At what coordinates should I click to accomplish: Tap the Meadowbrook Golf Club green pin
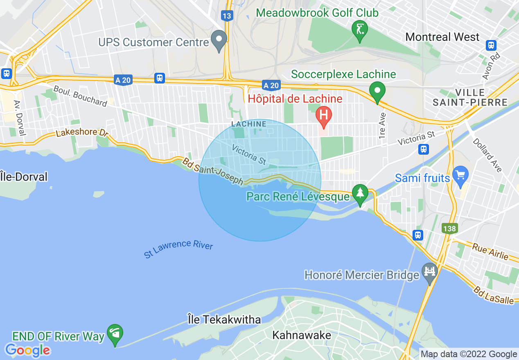click(360, 29)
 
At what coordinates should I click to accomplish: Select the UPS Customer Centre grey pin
click(219, 40)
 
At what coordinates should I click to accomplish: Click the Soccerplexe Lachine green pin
click(377, 91)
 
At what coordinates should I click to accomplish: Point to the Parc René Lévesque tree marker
click(360, 193)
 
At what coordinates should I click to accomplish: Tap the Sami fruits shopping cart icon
click(461, 176)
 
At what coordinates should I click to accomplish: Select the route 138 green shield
click(449, 229)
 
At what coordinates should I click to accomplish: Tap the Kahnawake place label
click(302, 335)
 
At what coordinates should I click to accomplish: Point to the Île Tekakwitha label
click(224, 319)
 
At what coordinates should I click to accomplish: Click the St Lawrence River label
click(178, 249)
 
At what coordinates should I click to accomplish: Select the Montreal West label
click(442, 37)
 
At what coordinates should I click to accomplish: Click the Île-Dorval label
click(24, 177)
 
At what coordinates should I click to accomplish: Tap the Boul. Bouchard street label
click(80, 96)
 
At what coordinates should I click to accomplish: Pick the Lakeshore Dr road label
click(77, 133)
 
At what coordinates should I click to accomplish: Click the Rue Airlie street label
click(490, 251)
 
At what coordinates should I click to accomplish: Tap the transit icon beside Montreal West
click(491, 45)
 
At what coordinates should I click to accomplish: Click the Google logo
click(27, 350)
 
